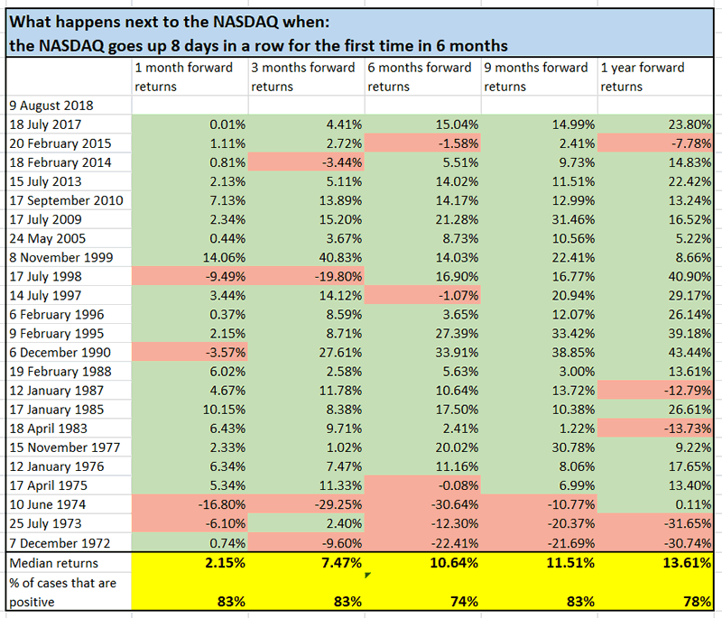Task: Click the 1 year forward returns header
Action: [x=642, y=77]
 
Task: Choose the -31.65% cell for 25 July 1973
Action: [x=686, y=522]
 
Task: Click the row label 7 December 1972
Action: [x=60, y=541]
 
